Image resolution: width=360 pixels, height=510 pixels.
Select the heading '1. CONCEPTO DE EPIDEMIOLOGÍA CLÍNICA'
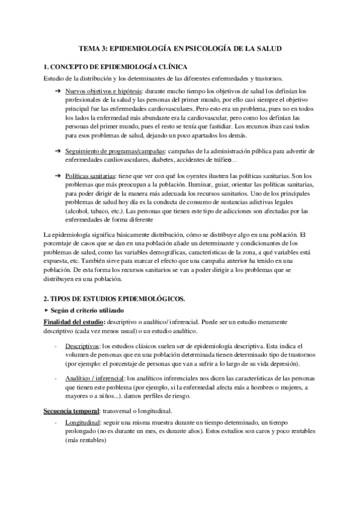(x=115, y=67)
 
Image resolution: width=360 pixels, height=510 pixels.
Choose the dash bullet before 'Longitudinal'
(x=56, y=423)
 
